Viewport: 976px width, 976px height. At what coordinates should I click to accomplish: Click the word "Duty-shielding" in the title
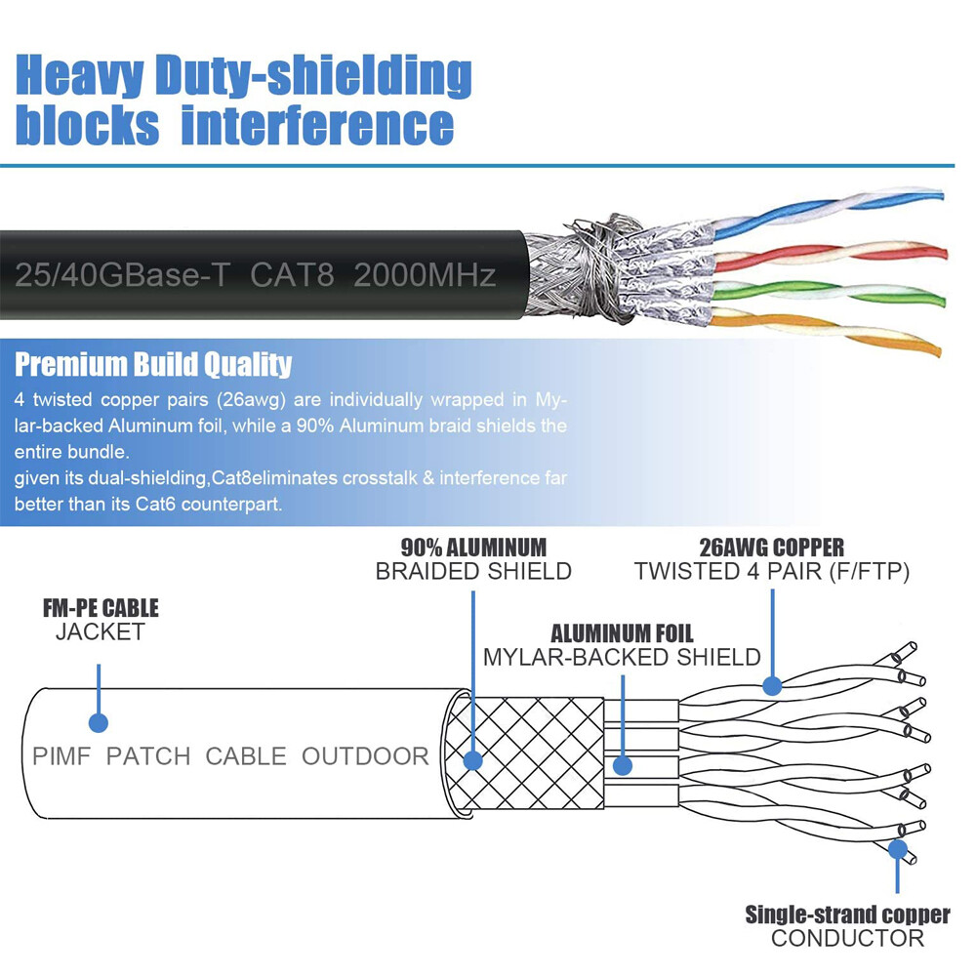tap(313, 76)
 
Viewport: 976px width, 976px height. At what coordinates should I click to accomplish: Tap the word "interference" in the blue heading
tap(317, 126)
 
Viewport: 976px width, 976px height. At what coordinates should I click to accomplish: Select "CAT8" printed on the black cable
tap(293, 274)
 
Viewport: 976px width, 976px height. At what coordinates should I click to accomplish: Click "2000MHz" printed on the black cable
tap(425, 274)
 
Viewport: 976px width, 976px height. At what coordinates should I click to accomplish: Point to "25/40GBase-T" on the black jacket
tap(123, 275)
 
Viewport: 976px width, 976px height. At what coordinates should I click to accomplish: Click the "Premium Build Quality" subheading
tap(153, 364)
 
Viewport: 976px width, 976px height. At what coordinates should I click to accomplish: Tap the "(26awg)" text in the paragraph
tap(251, 399)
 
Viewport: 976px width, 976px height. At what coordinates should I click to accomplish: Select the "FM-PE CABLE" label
tap(101, 608)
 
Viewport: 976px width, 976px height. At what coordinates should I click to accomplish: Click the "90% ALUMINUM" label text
tap(473, 548)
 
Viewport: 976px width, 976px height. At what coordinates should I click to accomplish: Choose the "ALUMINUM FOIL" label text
tap(622, 633)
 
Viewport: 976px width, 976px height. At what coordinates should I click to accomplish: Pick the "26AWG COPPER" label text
tap(772, 548)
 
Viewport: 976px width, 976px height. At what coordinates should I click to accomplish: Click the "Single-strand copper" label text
tap(848, 915)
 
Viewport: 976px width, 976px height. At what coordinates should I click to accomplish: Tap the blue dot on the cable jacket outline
tap(99, 722)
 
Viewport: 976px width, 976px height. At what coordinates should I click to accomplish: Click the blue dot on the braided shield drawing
tap(473, 760)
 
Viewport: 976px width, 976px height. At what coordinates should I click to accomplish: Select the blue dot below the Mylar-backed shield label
tap(623, 765)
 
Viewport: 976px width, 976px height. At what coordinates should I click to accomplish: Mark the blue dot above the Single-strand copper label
tap(897, 849)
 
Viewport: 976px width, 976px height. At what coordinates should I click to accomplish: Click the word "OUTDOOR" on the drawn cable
tap(365, 756)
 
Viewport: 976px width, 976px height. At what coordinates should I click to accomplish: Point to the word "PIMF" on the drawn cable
tap(61, 756)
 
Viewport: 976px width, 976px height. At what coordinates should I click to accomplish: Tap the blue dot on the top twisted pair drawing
tap(772, 685)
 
